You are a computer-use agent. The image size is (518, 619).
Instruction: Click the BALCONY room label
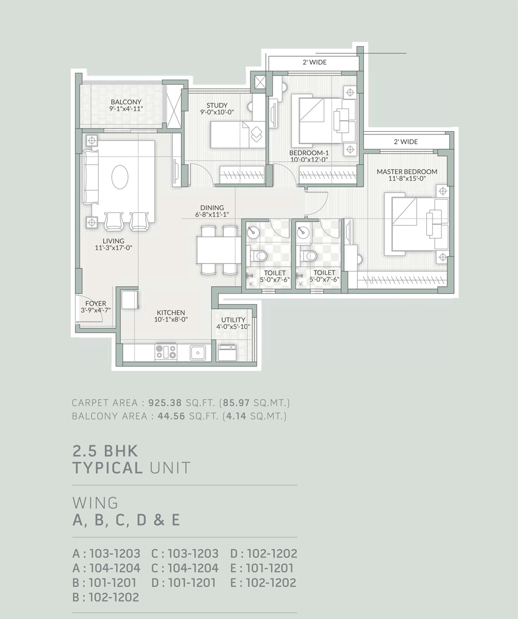[x=126, y=102]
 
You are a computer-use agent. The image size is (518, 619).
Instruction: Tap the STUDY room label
[x=217, y=105]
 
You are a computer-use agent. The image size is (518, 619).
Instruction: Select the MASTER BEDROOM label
[x=407, y=172]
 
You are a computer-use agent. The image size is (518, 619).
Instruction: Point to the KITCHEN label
[x=171, y=313]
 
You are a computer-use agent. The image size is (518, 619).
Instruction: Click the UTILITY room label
[x=233, y=320]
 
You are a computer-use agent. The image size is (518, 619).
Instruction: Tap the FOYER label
[x=96, y=304]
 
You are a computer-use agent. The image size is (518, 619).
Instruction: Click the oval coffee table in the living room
[x=120, y=177]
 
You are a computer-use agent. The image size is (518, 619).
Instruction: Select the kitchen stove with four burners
[x=166, y=352]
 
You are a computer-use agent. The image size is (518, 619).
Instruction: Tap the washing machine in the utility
[x=228, y=352]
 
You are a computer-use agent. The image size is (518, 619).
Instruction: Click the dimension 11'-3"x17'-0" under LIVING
[x=113, y=248]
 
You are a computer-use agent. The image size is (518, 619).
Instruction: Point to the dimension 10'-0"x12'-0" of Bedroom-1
[x=309, y=160]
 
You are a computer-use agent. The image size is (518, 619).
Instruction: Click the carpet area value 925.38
[x=165, y=403]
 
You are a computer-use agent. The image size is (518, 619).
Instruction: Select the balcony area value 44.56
[x=171, y=416]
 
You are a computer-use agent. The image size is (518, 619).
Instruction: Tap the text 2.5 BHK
[x=105, y=451]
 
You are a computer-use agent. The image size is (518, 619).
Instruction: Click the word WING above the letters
[x=95, y=503]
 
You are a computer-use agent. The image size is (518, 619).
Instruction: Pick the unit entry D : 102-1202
[x=264, y=553]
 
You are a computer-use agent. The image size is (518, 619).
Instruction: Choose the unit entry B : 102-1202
[x=106, y=597]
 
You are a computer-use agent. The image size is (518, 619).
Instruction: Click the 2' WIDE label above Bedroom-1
[x=315, y=62]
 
